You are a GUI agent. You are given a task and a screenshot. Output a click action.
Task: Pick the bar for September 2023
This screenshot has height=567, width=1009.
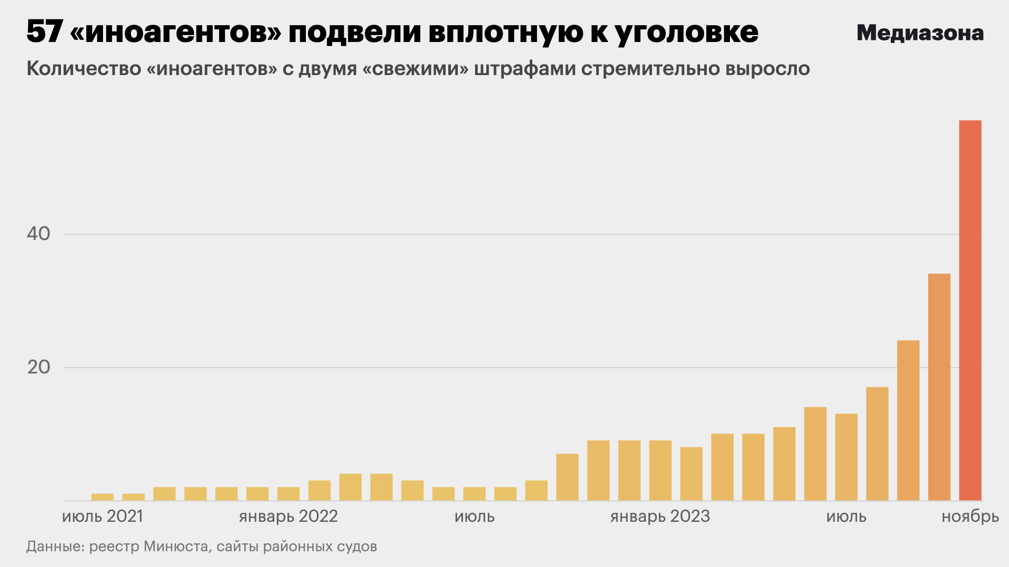(x=908, y=420)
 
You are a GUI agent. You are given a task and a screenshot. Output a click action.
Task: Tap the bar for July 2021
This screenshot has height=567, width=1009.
(x=102, y=497)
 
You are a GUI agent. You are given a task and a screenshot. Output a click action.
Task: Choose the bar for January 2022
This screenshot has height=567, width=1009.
(x=289, y=493)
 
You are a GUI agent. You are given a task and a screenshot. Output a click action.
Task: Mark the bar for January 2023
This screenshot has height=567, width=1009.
(x=660, y=470)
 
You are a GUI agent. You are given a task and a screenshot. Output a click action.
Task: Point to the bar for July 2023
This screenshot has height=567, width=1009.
(x=846, y=457)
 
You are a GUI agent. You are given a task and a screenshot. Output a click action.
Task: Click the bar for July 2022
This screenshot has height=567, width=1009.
(x=475, y=493)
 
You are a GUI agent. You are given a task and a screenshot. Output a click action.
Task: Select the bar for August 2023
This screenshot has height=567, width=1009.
(x=877, y=444)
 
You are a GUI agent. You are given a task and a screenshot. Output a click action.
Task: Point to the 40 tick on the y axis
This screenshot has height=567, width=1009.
(x=38, y=234)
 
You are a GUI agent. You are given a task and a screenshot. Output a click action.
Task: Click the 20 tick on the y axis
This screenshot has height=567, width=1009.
(x=38, y=367)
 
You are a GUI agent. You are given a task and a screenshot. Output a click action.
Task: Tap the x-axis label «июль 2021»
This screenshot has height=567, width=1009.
(x=102, y=517)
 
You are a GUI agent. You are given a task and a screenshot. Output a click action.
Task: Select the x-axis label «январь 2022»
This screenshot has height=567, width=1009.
(x=289, y=517)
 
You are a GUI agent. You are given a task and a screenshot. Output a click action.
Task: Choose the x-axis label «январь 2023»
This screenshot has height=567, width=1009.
(x=660, y=517)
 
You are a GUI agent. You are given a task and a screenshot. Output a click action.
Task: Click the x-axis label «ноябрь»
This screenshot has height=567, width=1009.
(x=970, y=517)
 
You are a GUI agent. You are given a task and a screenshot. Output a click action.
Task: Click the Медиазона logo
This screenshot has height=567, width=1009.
(x=920, y=33)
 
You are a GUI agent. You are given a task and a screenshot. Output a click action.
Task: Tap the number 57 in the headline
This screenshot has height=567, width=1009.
(x=45, y=32)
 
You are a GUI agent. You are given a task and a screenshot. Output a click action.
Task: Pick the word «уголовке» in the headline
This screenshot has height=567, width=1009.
(x=686, y=33)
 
